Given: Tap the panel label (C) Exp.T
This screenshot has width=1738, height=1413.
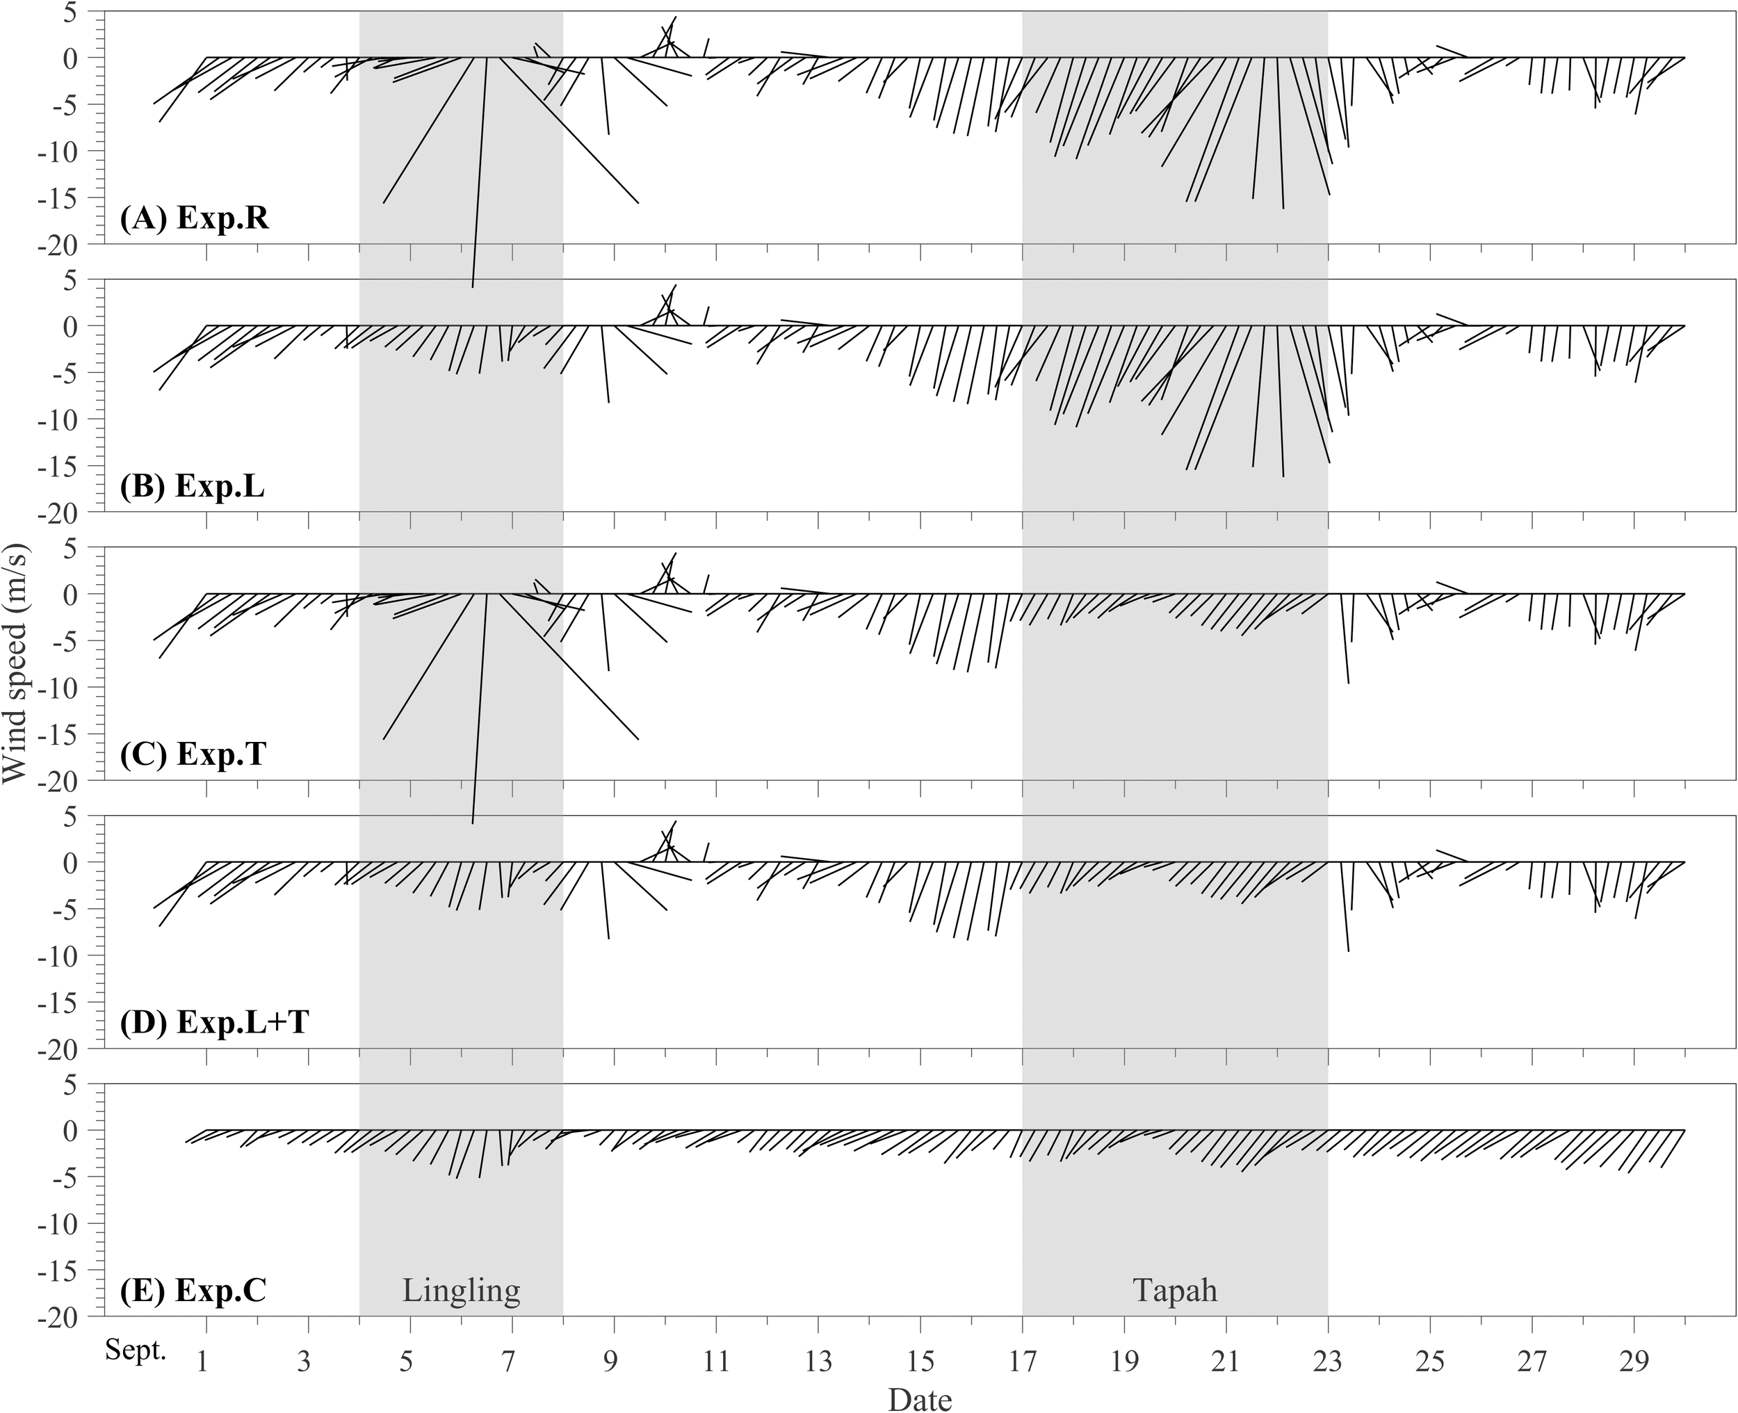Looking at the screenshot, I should click(x=192, y=755).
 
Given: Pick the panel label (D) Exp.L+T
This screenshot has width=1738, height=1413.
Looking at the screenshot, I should click(x=213, y=1022).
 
